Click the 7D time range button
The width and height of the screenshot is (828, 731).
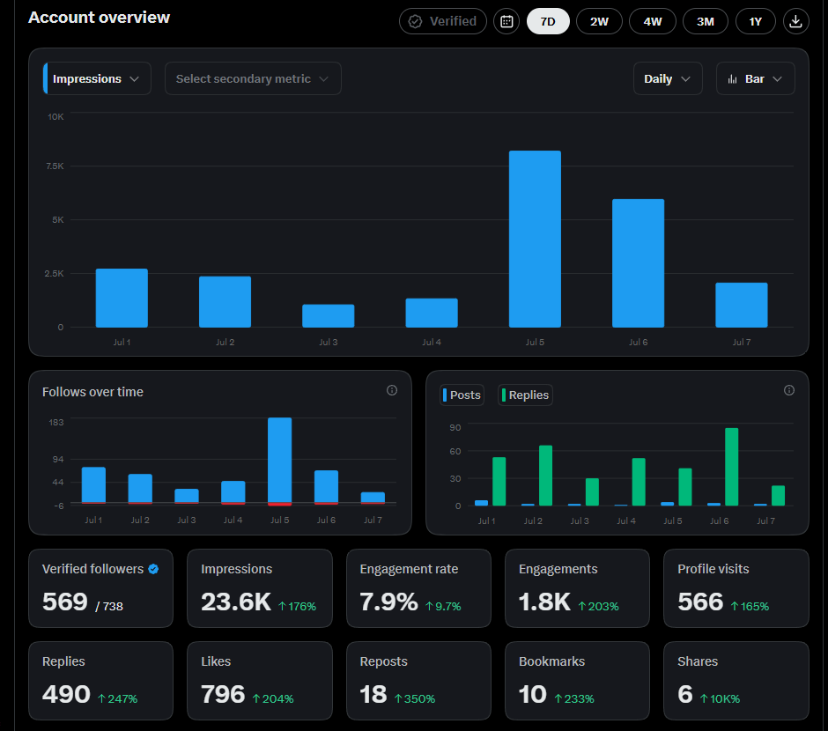click(548, 22)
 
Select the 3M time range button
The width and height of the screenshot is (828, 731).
click(705, 22)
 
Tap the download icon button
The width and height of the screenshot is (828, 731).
click(795, 22)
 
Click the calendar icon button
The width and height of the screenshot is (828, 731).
click(506, 22)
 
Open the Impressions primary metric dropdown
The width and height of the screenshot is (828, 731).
click(97, 78)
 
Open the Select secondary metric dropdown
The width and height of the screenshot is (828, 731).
click(253, 78)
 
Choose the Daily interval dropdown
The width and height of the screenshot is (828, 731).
click(668, 78)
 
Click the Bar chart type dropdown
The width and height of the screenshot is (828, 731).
click(755, 78)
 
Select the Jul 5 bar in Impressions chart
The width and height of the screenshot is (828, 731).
click(535, 239)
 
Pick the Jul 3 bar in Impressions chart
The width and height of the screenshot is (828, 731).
click(328, 315)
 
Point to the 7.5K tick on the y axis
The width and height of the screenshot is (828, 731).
click(55, 166)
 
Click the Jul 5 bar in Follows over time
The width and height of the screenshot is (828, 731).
click(279, 461)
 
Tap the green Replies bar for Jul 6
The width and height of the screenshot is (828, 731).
click(731, 467)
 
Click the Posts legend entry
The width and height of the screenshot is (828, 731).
click(462, 395)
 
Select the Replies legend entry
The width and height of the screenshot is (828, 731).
click(525, 395)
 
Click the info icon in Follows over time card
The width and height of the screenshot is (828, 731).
click(392, 390)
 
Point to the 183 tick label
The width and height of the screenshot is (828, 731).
click(56, 422)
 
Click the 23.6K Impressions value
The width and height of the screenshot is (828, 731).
click(236, 602)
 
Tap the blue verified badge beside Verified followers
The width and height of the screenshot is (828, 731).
click(153, 569)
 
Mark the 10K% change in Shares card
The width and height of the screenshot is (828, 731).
click(720, 698)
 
